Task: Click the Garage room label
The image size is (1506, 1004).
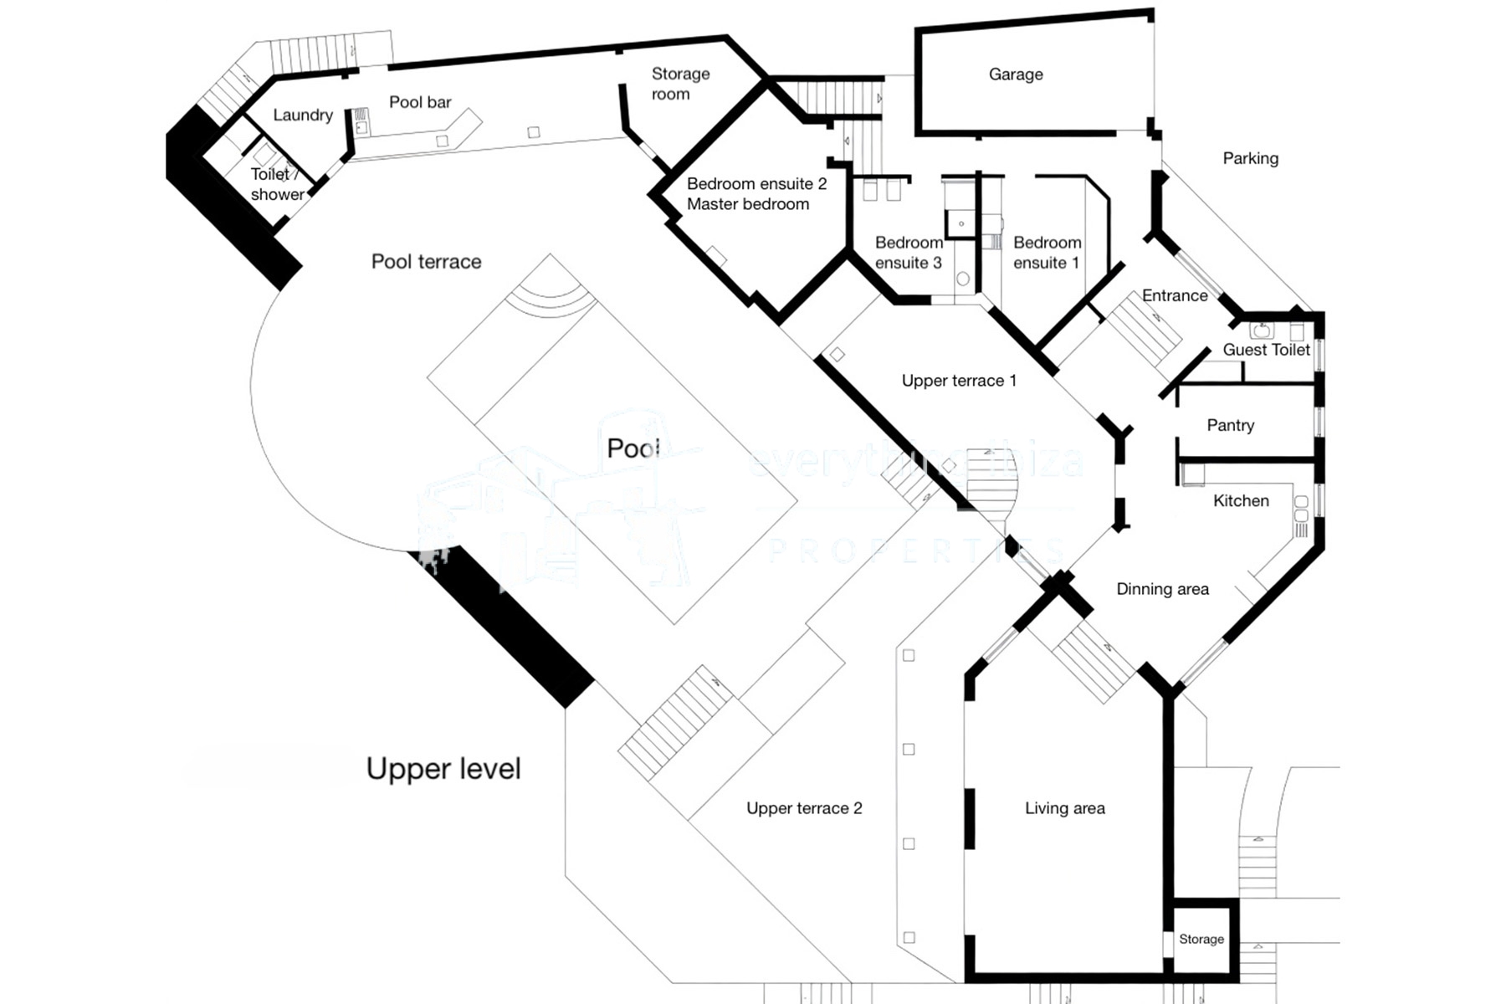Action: coord(1016,74)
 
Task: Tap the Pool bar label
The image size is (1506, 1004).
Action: coord(420,102)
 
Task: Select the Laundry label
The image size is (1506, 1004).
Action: coord(303,115)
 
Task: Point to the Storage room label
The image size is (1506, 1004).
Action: coord(680,84)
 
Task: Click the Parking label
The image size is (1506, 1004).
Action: coord(1250,158)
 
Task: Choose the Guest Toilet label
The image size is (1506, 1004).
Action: coord(1266,350)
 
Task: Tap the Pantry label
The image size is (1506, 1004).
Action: coord(1230,425)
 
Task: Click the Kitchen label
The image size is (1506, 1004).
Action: coord(1241,500)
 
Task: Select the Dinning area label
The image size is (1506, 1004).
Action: coord(1162,589)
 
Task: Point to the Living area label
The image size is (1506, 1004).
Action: coord(1064,808)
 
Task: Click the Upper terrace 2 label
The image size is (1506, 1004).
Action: coord(803,808)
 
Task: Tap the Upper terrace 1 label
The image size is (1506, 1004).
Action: coord(959,381)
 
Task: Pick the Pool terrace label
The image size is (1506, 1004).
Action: coord(426,262)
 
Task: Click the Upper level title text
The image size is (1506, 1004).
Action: coord(443,769)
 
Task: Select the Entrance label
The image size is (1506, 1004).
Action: coord(1175,295)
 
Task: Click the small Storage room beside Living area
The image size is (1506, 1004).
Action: coord(1201,940)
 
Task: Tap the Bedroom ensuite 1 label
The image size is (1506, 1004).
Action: coord(1047,253)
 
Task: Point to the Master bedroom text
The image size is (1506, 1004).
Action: coord(748,204)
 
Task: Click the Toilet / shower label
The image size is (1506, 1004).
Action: coord(277,184)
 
